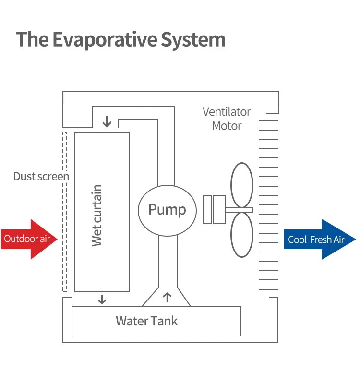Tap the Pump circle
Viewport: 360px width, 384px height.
[167, 210]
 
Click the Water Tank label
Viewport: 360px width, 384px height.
[146, 321]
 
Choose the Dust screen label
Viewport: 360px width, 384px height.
[41, 176]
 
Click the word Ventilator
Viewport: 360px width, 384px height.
[227, 112]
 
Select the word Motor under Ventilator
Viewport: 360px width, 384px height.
[227, 126]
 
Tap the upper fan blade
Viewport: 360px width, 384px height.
[242, 185]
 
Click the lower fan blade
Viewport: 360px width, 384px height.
[242, 235]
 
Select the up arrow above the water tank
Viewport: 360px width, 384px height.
[167, 298]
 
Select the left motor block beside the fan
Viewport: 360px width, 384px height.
[207, 210]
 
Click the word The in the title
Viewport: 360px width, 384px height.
[32, 39]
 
